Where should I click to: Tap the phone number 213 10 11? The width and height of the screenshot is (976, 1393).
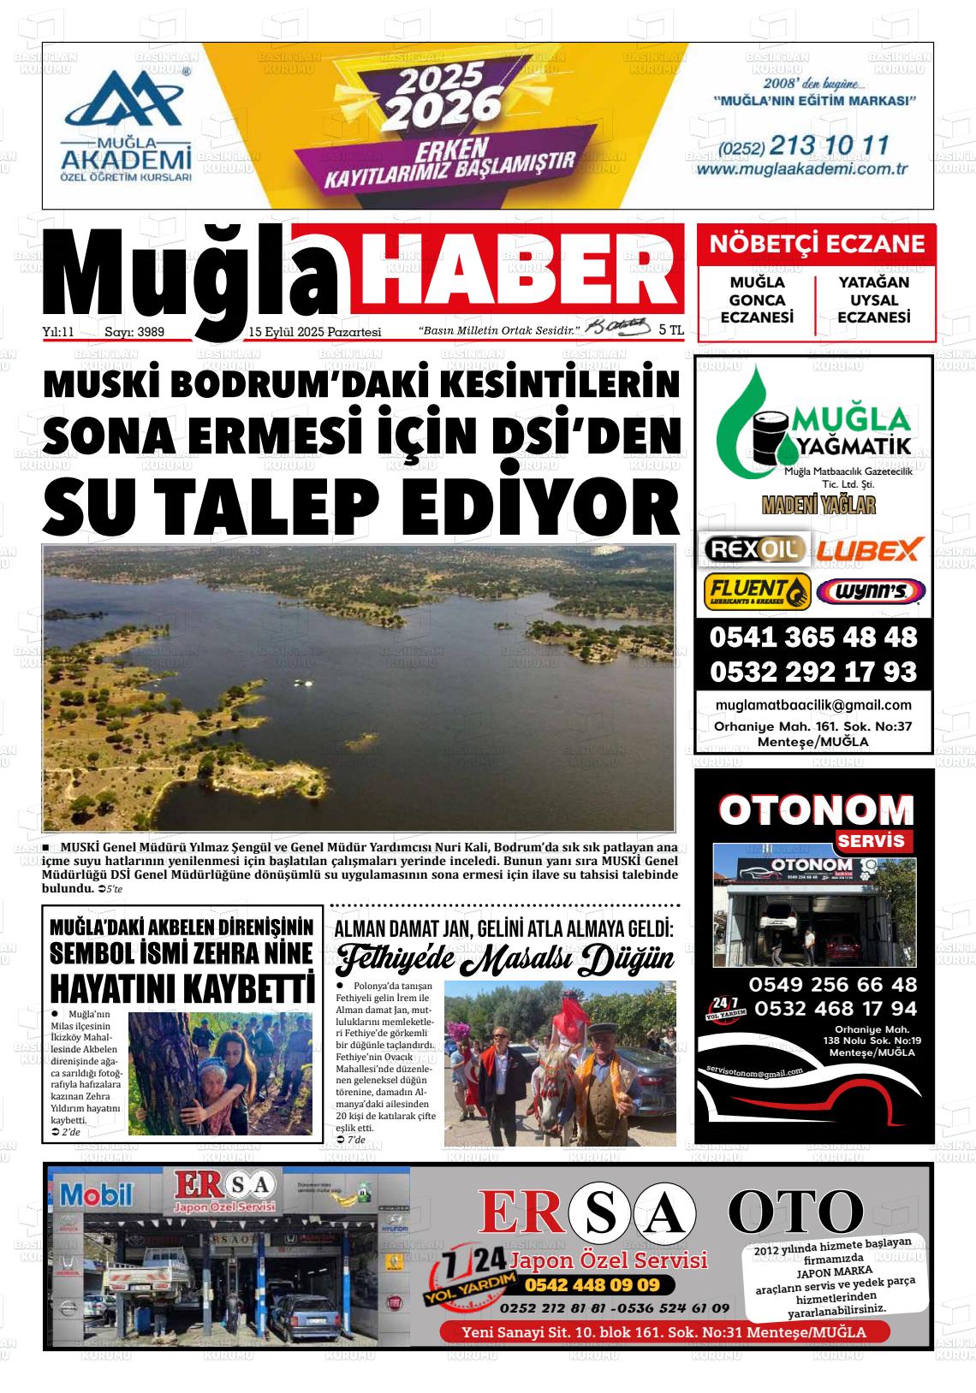830,145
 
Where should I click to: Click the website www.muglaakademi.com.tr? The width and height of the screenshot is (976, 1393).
801,169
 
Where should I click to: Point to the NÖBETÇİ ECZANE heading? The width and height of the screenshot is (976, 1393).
817,244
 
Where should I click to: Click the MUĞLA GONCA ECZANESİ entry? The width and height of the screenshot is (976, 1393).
757,299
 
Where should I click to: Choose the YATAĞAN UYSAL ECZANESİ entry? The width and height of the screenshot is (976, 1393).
873,299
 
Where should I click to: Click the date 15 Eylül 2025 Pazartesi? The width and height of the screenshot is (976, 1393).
314,332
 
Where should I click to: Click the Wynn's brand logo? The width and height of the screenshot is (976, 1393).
870,591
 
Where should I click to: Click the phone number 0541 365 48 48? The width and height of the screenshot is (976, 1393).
812,637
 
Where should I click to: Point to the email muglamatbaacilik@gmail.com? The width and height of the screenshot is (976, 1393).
812,705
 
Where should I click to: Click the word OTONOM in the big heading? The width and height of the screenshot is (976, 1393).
816,809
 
